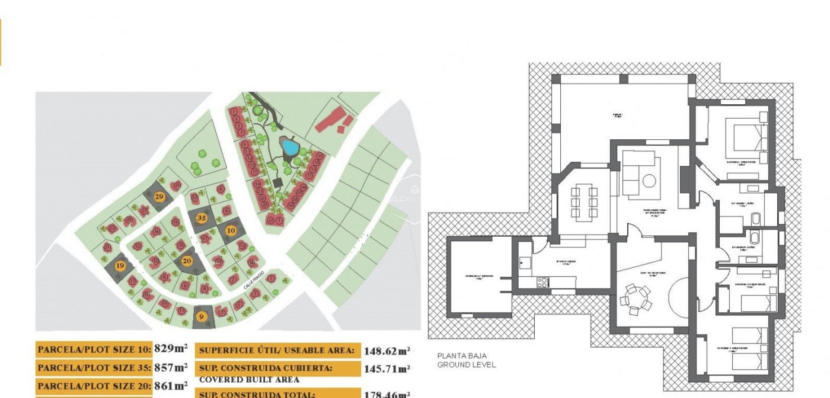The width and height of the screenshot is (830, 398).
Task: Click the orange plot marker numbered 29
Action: [159, 196]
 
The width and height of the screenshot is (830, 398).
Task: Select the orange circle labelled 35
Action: [201, 218]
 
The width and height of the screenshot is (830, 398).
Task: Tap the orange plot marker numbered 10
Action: [231, 231]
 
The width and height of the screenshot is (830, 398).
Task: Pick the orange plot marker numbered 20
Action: [187, 261]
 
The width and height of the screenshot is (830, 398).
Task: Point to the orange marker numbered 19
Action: [120, 266]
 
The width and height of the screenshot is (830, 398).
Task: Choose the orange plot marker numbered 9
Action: [201, 317]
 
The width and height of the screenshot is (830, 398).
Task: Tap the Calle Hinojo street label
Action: [254, 280]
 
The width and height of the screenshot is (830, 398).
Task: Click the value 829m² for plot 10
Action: [171, 348]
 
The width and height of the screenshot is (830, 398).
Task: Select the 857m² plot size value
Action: [171, 367]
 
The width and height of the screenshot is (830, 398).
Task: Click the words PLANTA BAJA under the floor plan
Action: [462, 356]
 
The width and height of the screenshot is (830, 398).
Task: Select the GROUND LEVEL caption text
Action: [466, 365]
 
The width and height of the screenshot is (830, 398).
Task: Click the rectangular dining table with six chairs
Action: [584, 202]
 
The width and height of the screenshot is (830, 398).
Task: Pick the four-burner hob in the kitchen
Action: [543, 282]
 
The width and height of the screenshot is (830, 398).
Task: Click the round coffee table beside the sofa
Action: [649, 181]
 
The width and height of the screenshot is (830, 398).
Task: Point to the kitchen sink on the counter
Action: [525, 262]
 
